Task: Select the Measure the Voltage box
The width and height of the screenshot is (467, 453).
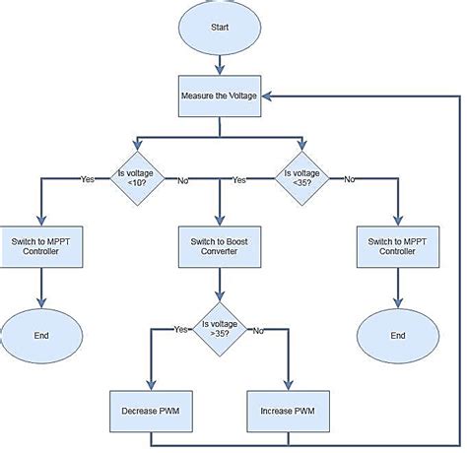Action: (x=219, y=97)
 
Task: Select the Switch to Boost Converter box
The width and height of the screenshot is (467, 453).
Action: (x=219, y=245)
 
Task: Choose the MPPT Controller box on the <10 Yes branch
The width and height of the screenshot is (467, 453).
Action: (x=40, y=245)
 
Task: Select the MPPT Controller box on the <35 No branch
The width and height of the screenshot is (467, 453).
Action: (x=398, y=245)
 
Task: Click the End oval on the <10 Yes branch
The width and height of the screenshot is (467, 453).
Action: (x=40, y=335)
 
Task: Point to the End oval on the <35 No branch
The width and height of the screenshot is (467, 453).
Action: (x=398, y=335)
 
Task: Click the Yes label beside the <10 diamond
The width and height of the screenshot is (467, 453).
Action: (x=88, y=179)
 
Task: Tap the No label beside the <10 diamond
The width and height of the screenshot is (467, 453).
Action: (x=182, y=180)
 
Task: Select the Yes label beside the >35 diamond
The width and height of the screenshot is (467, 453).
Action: (x=179, y=329)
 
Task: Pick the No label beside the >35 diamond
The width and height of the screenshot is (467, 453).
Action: (x=258, y=330)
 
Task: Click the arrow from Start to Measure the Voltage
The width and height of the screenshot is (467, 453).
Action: (x=219, y=64)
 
